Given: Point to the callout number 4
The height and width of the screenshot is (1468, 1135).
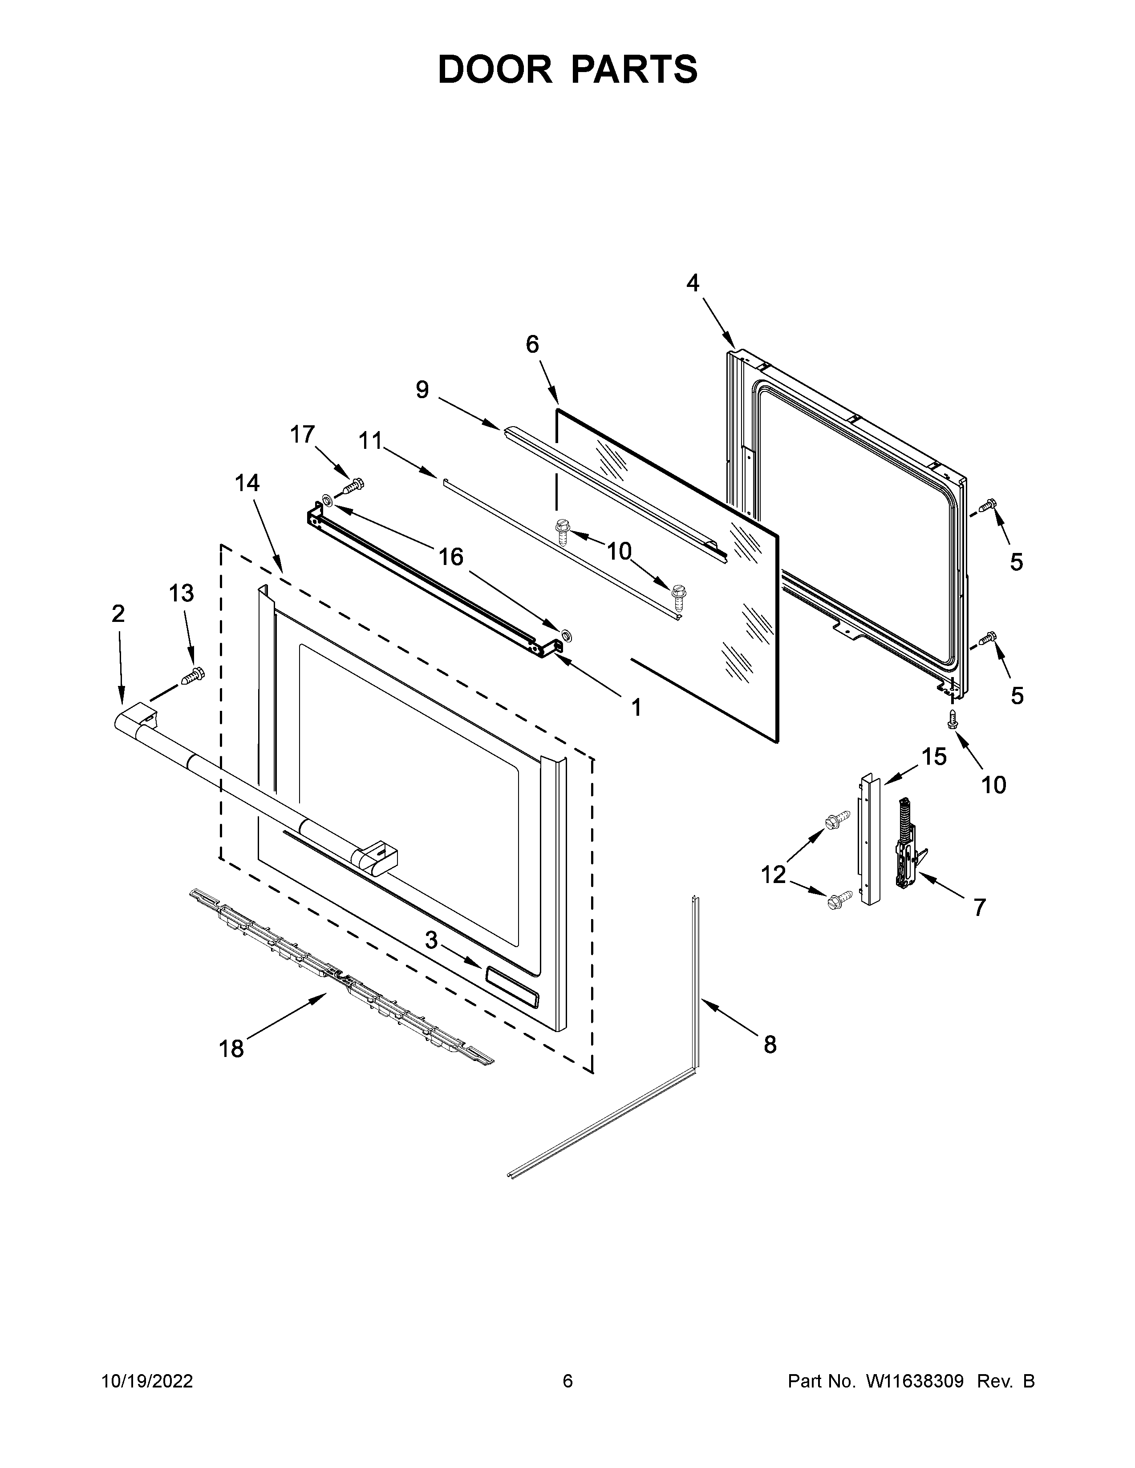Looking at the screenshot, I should pos(693,283).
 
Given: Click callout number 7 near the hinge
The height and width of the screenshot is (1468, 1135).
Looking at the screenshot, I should pos(979,907).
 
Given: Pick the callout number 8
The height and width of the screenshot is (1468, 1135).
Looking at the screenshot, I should pos(770,1045).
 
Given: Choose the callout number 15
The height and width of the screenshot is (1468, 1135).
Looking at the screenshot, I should pos(934,757).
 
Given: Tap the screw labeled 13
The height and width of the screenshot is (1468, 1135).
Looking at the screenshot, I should pos(192,676).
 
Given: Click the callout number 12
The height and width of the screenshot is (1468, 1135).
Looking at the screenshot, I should pos(773,875).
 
